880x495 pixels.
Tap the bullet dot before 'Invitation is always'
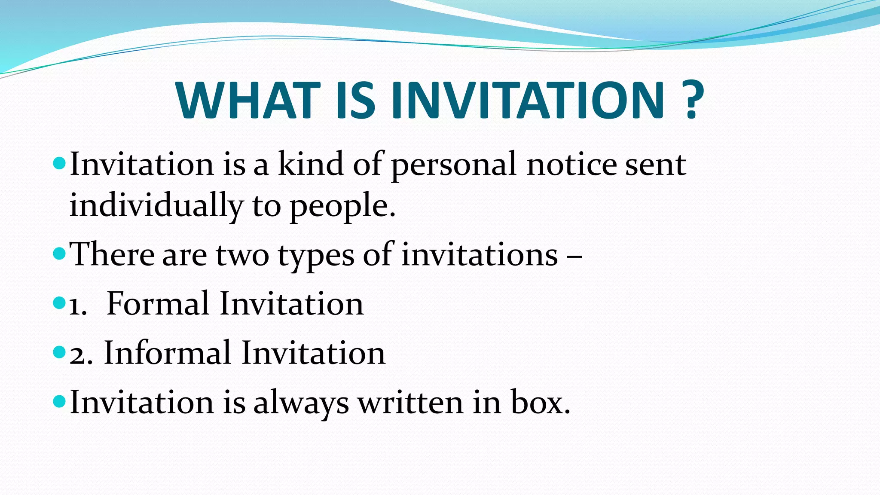pyautogui.click(x=59, y=402)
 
